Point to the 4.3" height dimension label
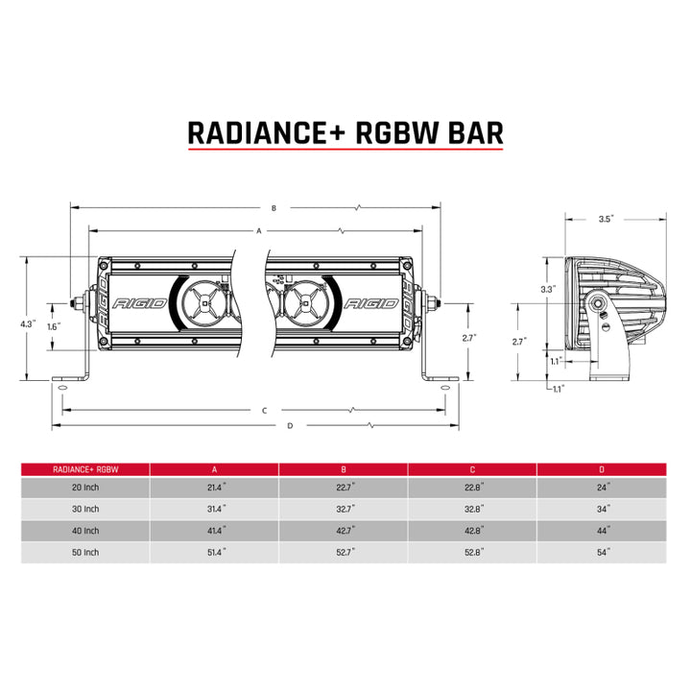(29, 324)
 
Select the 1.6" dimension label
(53, 326)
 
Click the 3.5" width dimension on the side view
(605, 220)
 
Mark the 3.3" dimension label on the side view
(548, 289)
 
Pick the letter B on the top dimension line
(274, 207)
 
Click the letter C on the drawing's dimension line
(263, 410)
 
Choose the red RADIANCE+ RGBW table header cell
(85, 469)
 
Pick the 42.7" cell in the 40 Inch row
(344, 531)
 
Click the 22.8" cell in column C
(472, 488)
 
